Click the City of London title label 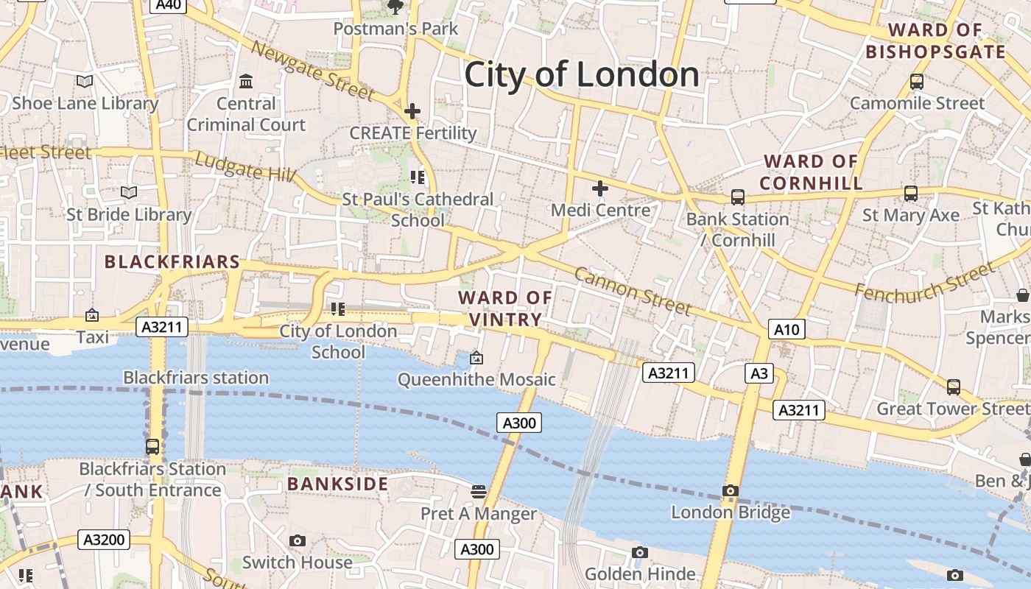click(582, 74)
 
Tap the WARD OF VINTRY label click(505, 308)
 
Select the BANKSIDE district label click(337, 484)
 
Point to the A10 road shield click(786, 329)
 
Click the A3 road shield click(759, 373)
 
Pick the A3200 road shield click(104, 540)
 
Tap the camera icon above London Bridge click(731, 491)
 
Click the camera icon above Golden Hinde click(640, 552)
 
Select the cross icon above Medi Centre click(600, 188)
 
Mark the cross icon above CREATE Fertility click(412, 112)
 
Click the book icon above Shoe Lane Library click(85, 82)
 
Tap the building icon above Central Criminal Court click(246, 81)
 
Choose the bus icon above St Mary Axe click(911, 194)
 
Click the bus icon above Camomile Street click(917, 82)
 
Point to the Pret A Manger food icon click(479, 491)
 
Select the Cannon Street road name click(632, 291)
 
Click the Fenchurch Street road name click(924, 281)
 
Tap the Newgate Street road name click(312, 70)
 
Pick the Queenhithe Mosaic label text click(476, 379)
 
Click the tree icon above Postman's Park click(395, 7)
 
